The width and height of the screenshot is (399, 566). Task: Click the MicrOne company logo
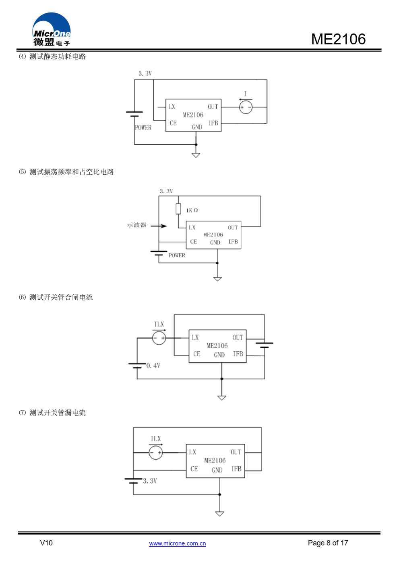(x=52, y=29)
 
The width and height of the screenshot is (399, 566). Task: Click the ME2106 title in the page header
(x=338, y=39)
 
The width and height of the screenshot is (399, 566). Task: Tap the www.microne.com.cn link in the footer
(x=177, y=543)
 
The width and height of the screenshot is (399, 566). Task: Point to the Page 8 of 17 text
(x=328, y=543)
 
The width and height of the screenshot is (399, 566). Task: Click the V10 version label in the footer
(x=46, y=543)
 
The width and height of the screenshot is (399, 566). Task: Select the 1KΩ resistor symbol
(x=178, y=209)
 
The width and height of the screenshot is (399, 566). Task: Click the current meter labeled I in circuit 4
(x=246, y=107)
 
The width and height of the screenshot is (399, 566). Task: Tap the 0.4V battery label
(x=153, y=365)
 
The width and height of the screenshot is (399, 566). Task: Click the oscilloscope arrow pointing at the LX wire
(x=159, y=226)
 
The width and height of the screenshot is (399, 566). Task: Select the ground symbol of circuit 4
(x=196, y=155)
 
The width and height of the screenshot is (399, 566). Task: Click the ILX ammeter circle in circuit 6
(x=159, y=338)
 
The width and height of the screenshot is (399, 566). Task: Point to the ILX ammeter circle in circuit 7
(x=156, y=453)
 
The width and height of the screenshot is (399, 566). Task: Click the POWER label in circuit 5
(x=176, y=255)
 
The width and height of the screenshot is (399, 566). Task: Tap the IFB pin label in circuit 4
(x=213, y=123)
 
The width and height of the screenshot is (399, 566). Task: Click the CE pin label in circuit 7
(x=194, y=469)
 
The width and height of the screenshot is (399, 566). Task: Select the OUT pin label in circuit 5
(x=233, y=228)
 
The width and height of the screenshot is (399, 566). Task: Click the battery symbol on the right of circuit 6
(x=264, y=345)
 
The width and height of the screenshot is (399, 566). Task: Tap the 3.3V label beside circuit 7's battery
(x=150, y=481)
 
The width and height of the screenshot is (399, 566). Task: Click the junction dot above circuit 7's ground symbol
(x=220, y=495)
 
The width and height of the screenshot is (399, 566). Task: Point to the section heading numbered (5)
(x=66, y=172)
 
